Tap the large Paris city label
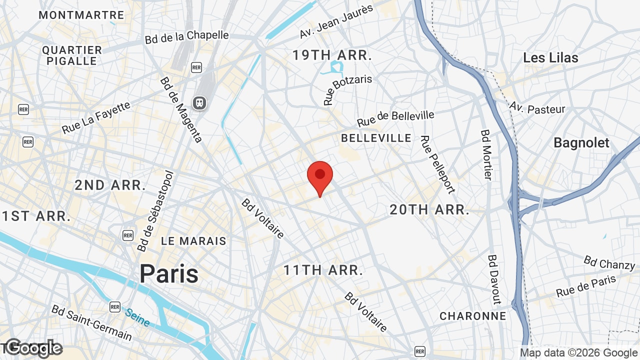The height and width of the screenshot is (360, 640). [169, 273]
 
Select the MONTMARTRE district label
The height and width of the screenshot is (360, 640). [81, 15]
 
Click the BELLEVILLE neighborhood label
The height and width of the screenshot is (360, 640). [376, 138]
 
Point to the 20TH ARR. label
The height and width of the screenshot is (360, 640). [429, 210]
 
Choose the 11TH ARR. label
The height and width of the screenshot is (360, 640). [323, 270]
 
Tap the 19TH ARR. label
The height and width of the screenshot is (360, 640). [332, 55]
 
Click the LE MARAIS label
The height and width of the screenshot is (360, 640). [193, 241]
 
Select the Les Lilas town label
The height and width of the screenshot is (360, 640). [550, 58]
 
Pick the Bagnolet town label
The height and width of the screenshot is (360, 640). [581, 143]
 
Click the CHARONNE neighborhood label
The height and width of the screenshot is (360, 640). [472, 316]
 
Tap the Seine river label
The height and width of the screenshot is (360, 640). [137, 317]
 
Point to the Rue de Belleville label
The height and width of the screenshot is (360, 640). [395, 118]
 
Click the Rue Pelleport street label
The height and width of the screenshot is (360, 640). [438, 164]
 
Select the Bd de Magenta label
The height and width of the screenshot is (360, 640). [181, 109]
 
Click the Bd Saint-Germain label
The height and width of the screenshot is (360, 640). [91, 322]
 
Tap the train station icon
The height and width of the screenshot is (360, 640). [199, 103]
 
